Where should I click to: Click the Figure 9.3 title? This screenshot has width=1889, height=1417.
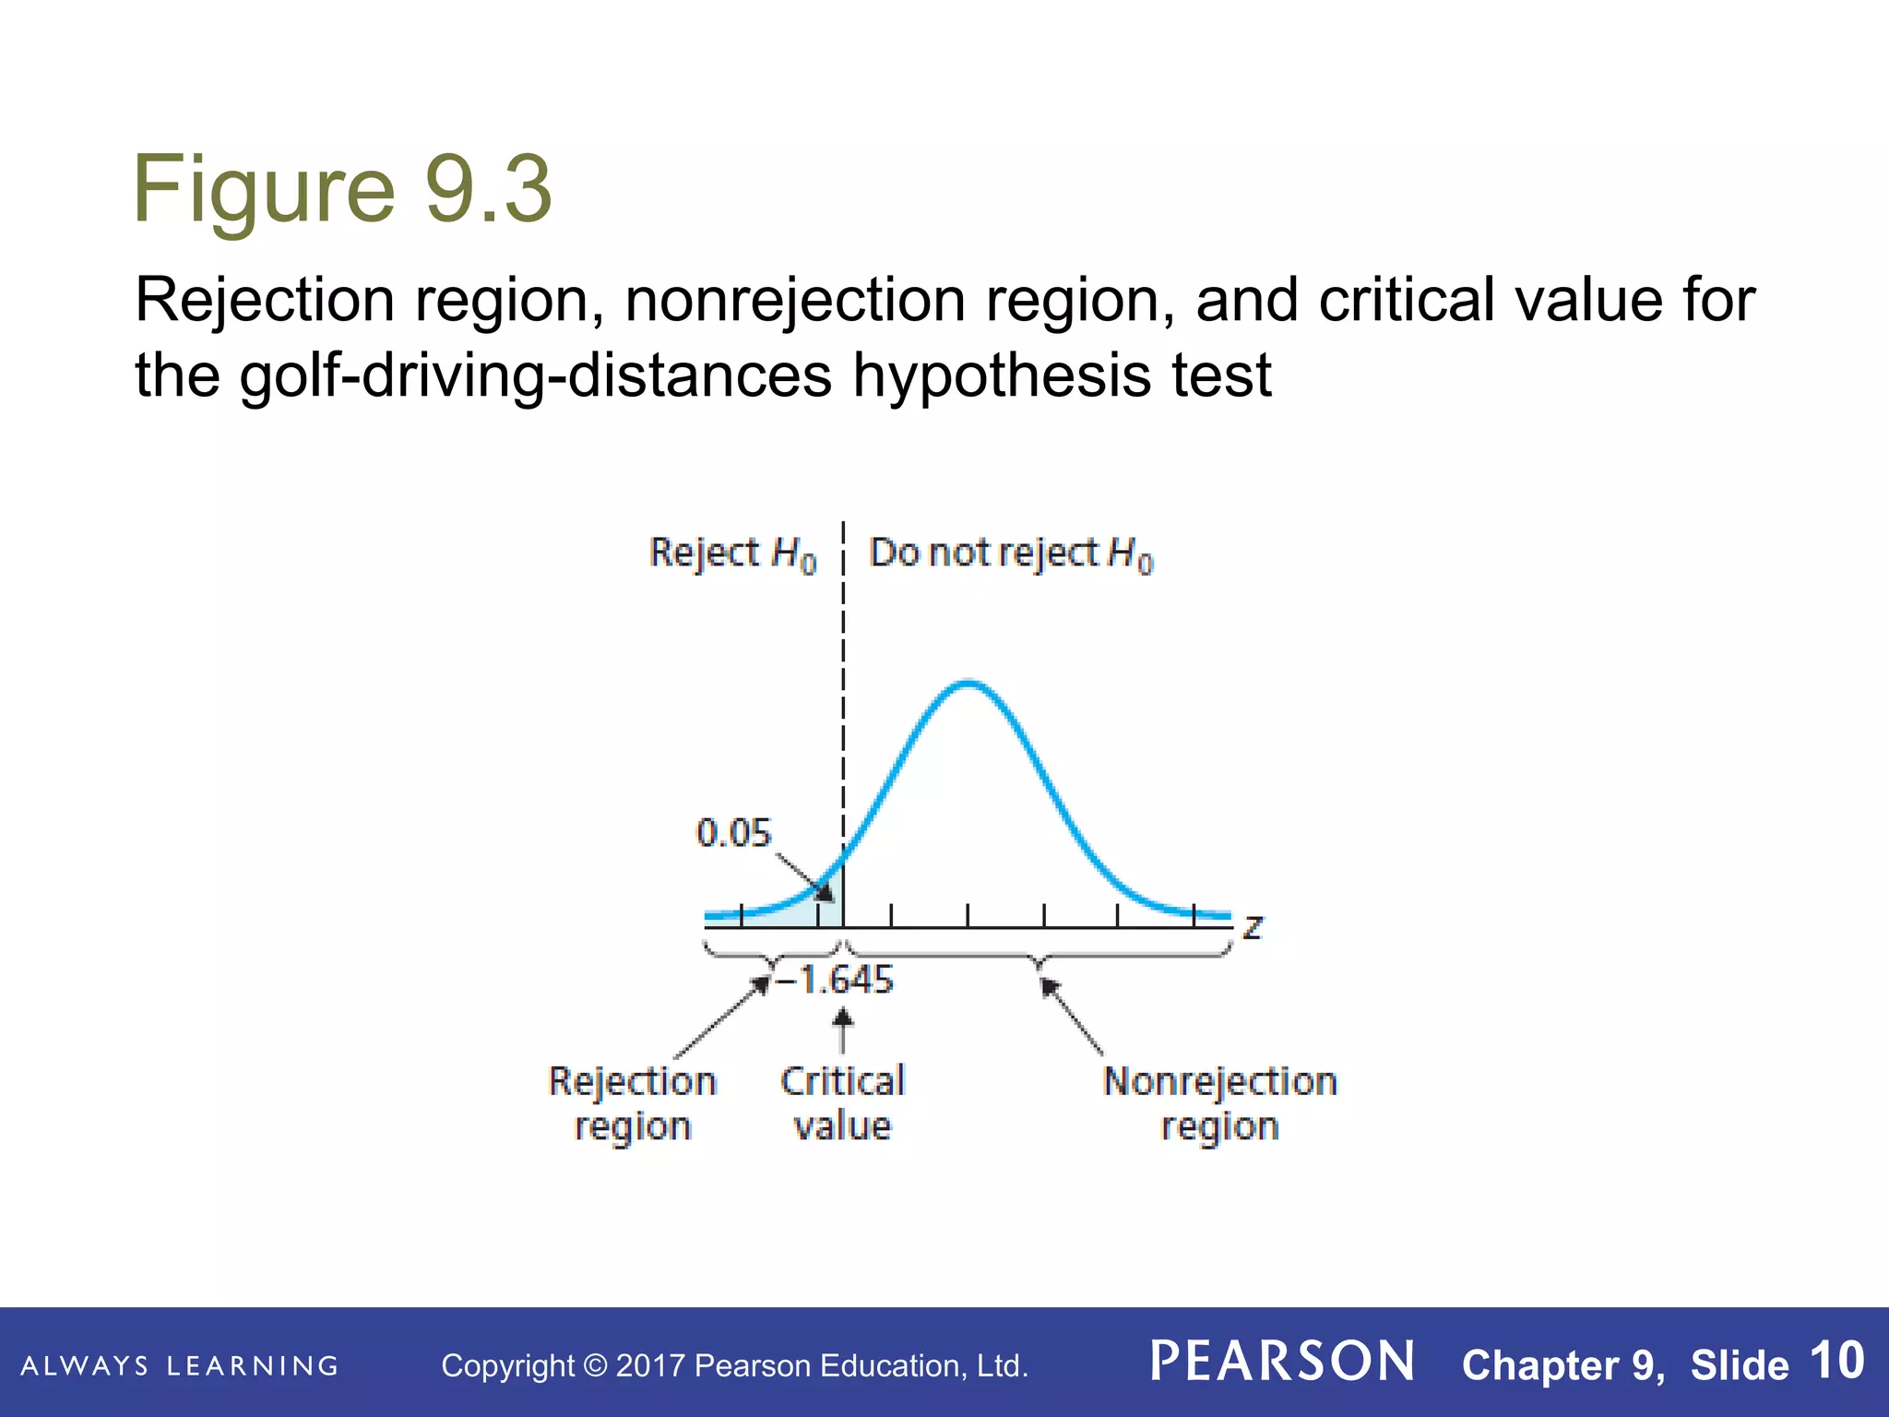(x=342, y=189)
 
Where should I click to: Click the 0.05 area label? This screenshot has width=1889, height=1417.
(x=732, y=833)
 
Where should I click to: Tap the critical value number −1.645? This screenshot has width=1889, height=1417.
(x=836, y=980)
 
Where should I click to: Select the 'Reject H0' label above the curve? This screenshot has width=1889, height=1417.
(x=732, y=554)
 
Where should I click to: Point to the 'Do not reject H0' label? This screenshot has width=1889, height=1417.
(x=1011, y=554)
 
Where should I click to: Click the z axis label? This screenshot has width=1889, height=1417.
(x=1252, y=925)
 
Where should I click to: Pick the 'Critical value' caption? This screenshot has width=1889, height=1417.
(x=842, y=1103)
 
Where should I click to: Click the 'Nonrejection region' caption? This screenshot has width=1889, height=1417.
(x=1219, y=1103)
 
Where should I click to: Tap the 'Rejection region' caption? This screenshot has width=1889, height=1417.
(x=633, y=1103)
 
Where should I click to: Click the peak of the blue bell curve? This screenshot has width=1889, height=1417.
(x=968, y=684)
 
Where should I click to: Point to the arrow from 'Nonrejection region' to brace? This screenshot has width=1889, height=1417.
(x=1071, y=1016)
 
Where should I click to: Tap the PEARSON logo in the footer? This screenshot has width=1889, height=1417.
(x=1282, y=1362)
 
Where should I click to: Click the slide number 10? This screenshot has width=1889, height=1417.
(x=1836, y=1361)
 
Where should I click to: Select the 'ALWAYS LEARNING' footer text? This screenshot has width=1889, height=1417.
(x=180, y=1366)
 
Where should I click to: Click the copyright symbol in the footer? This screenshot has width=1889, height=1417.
(x=596, y=1366)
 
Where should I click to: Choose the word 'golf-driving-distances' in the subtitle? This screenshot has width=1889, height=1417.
(x=536, y=376)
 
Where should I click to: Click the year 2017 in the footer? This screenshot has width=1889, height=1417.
(x=650, y=1366)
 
